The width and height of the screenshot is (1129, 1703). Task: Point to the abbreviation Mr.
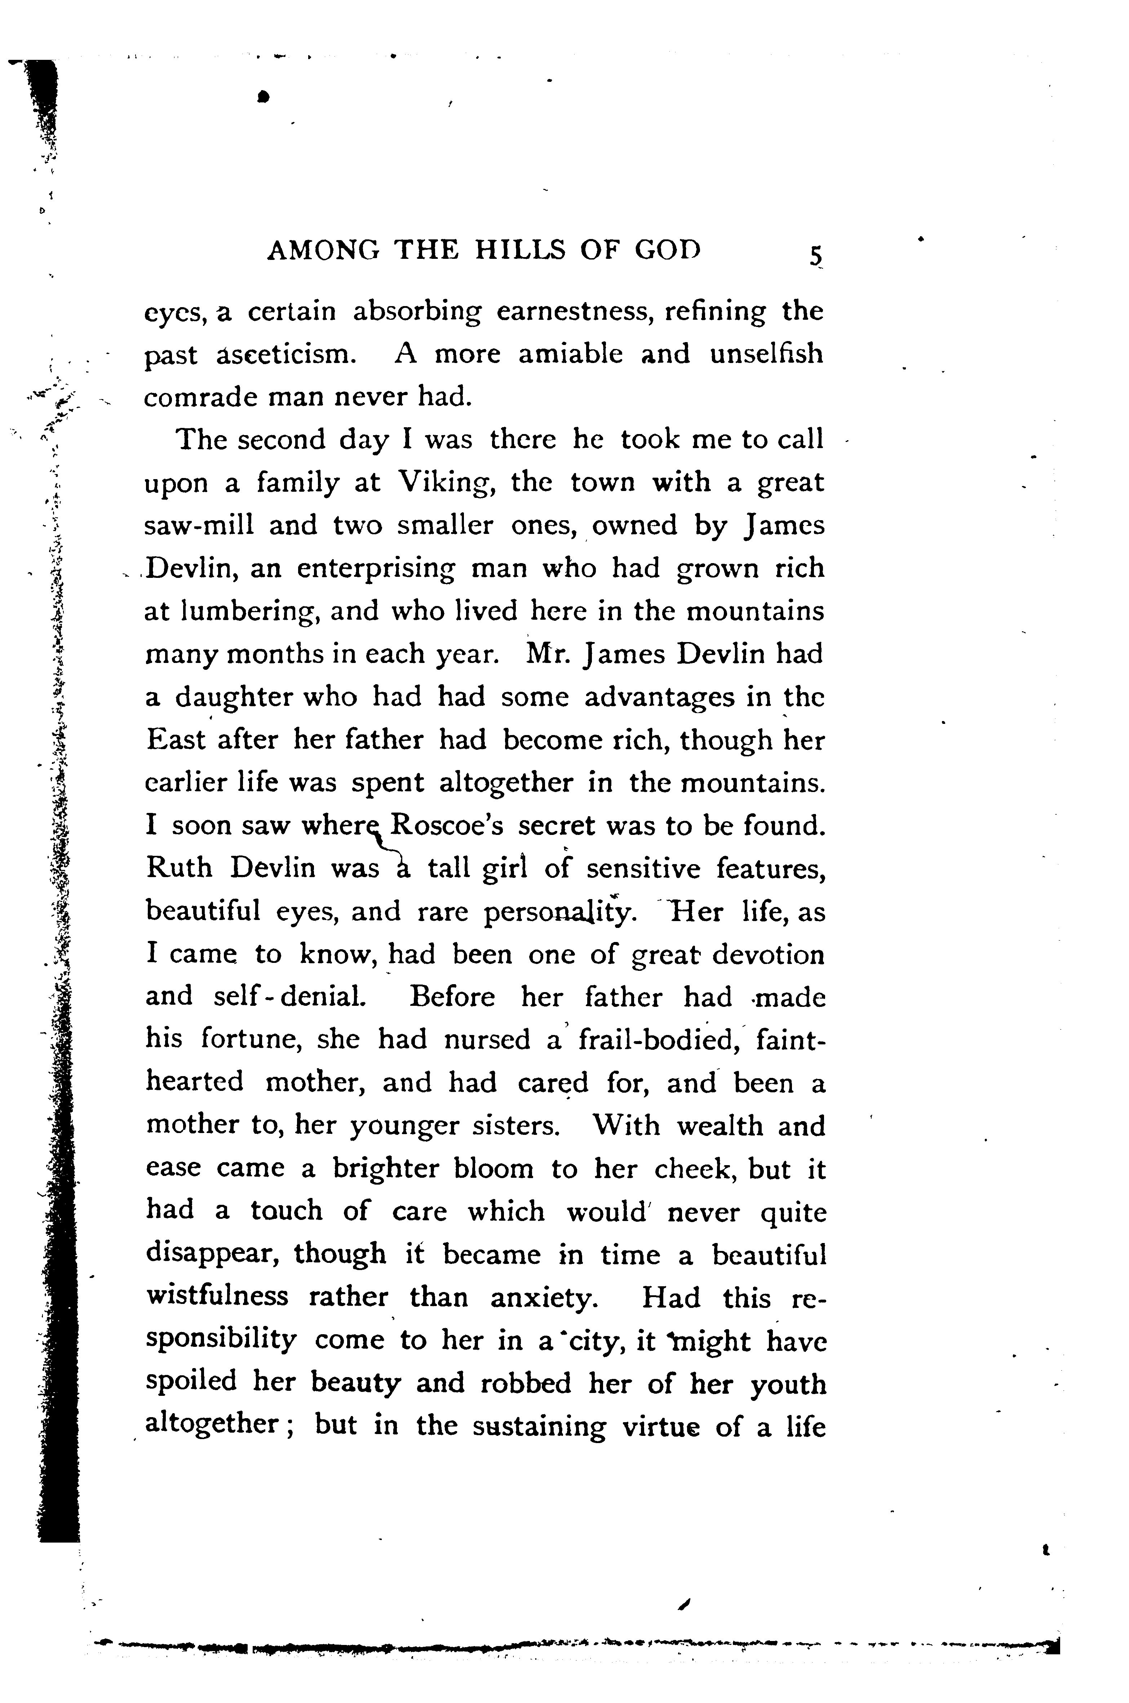point(549,654)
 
